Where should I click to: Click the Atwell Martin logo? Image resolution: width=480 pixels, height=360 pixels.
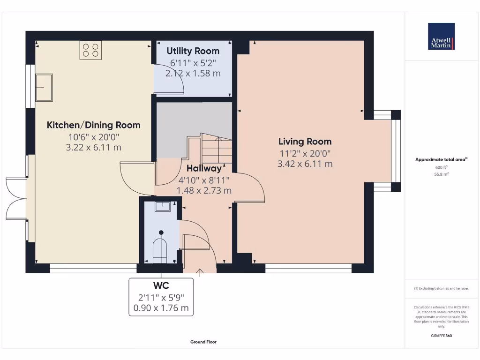[441, 37]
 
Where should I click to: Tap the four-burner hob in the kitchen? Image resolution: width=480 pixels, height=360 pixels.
[91, 50]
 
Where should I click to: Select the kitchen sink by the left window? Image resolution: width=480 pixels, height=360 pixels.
[45, 87]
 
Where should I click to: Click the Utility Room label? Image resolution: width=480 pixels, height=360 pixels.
[193, 51]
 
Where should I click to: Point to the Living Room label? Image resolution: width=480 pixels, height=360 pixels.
[305, 141]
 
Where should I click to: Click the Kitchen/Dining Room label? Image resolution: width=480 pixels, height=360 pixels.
[93, 125]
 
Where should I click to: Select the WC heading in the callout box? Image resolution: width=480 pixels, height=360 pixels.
[161, 285]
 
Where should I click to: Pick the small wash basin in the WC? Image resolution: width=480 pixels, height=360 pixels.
[163, 206]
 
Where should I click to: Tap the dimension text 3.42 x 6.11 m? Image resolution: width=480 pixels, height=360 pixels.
[305, 164]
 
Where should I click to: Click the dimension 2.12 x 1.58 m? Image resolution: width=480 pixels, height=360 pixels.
[193, 73]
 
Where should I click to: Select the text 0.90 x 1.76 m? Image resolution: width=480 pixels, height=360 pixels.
[161, 308]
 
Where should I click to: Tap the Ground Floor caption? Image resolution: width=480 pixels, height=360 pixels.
[203, 342]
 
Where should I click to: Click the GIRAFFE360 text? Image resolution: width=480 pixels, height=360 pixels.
[441, 336]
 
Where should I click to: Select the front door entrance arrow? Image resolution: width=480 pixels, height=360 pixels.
[200, 271]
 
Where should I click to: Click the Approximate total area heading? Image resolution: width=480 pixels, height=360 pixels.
[441, 159]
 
